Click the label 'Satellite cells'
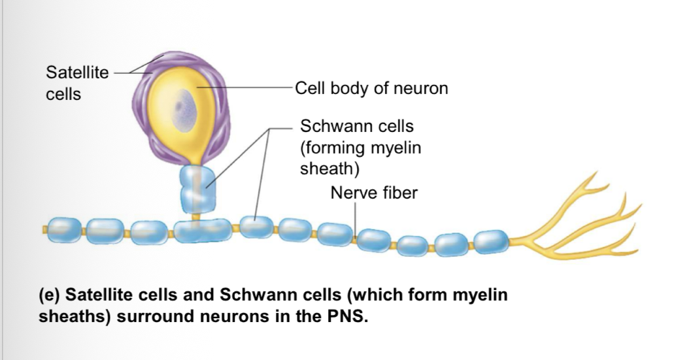77,83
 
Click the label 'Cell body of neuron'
371,88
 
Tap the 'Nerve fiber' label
373,193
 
